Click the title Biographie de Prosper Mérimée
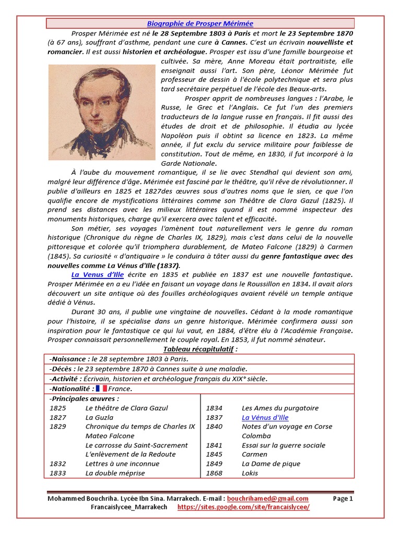tap(200, 23)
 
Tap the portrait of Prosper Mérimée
tap(102, 112)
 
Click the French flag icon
tap(101, 389)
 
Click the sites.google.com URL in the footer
tap(243, 507)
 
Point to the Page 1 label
tap(343, 499)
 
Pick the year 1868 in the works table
tap(214, 473)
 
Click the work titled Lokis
tap(251, 473)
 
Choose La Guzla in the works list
tap(99, 417)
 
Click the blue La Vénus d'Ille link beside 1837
tap(265, 417)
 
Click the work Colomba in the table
tap(256, 436)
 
